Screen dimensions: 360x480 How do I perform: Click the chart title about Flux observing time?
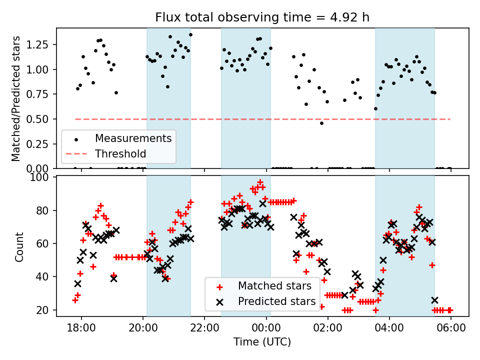tap(262, 18)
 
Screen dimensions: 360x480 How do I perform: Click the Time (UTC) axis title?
tap(262, 342)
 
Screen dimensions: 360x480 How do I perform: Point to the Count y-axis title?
tap(19, 246)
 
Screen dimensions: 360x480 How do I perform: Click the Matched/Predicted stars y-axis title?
tap(16, 98)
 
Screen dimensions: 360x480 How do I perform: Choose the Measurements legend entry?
tap(133, 138)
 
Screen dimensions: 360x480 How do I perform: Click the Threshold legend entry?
tap(120, 153)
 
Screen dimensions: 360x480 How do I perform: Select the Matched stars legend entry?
tap(274, 286)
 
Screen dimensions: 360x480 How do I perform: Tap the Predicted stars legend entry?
tap(276, 301)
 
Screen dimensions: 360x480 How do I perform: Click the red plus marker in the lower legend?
tap(218, 286)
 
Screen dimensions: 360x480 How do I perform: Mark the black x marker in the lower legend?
tap(218, 301)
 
